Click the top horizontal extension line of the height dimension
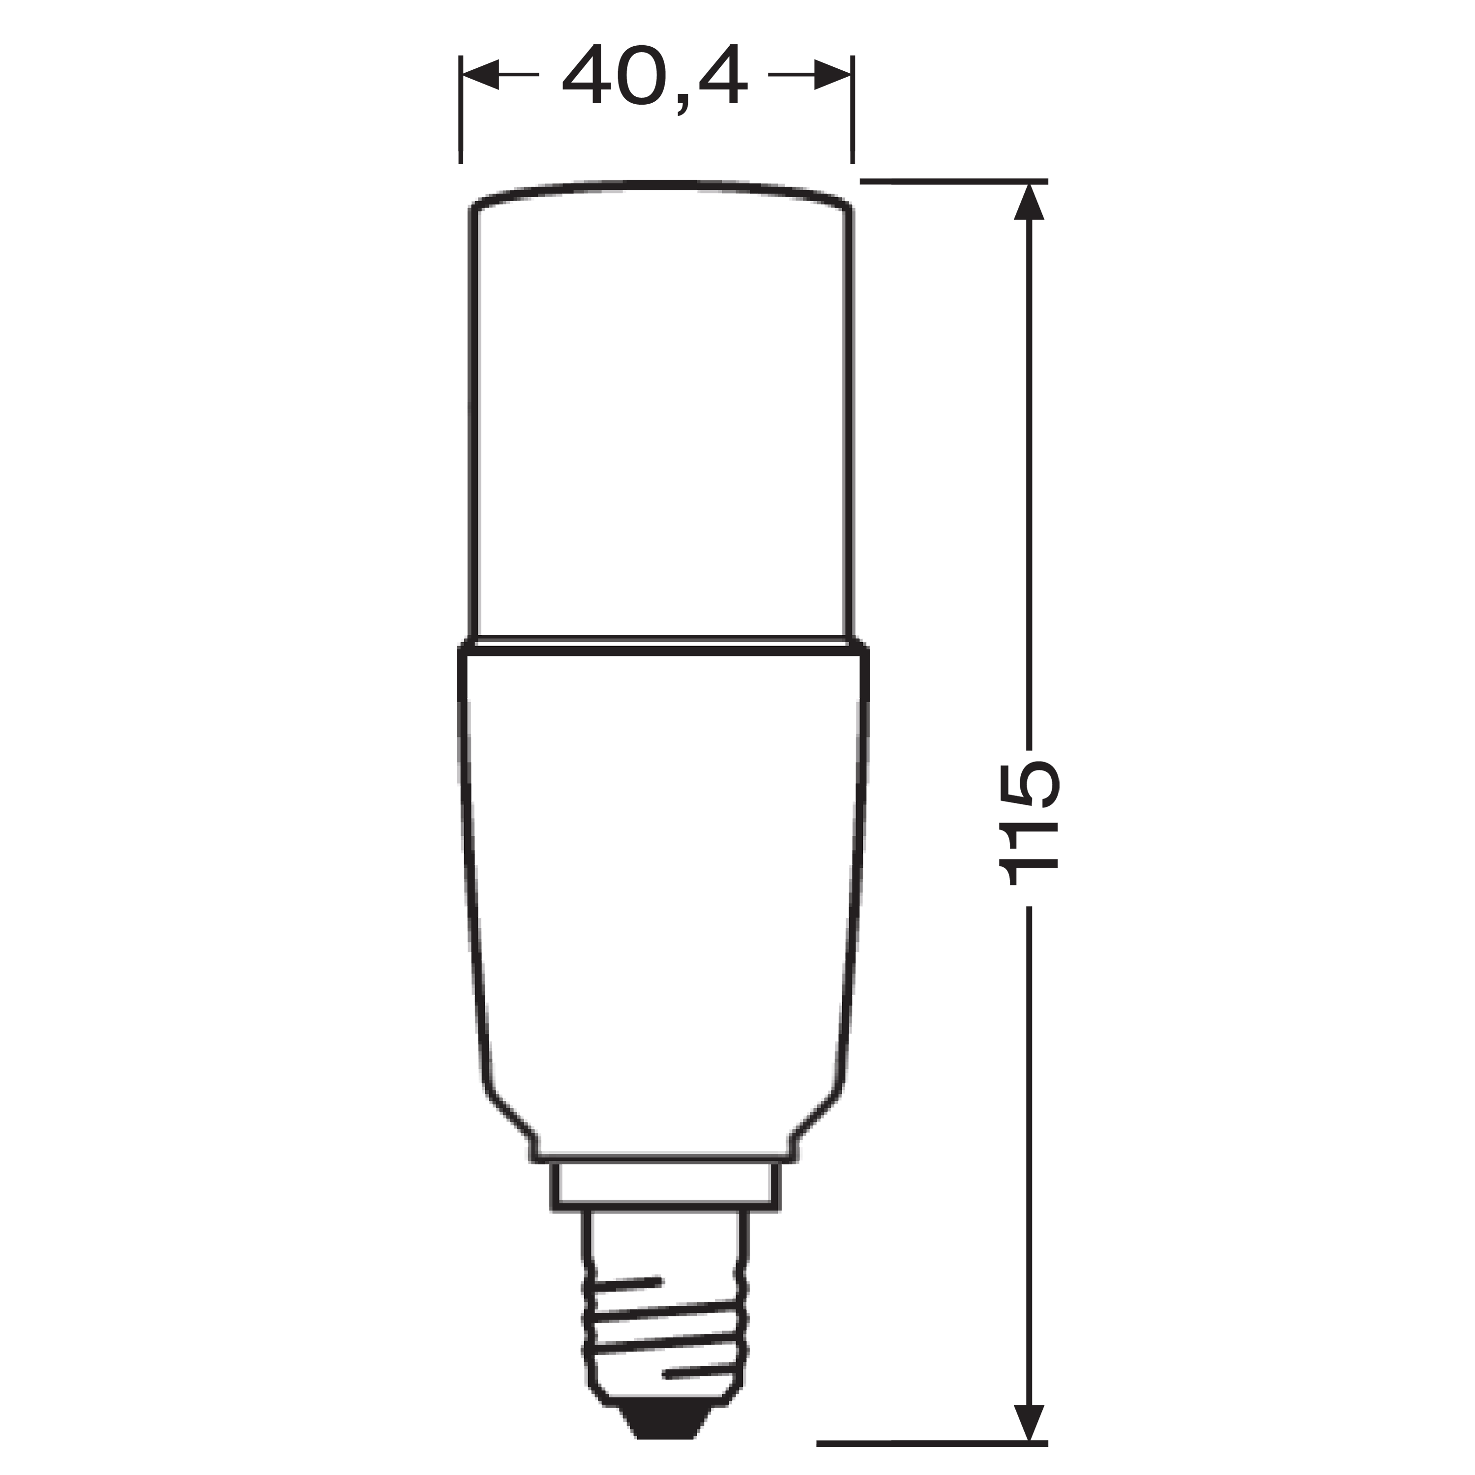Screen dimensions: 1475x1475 (954, 181)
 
